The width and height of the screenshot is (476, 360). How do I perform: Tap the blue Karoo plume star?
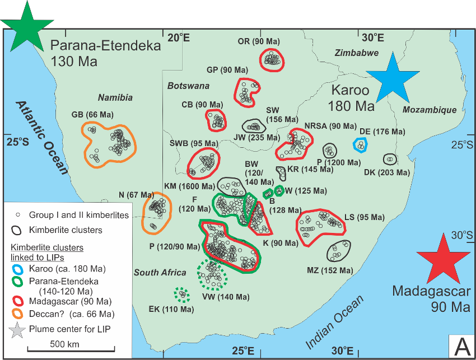click(392, 80)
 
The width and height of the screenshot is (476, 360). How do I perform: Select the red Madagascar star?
click(443, 261)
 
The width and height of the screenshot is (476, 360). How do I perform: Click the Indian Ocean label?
click(334, 323)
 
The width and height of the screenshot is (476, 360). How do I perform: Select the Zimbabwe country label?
click(357, 53)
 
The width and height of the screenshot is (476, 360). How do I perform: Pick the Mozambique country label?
click(430, 110)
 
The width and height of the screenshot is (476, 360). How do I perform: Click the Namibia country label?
click(115, 97)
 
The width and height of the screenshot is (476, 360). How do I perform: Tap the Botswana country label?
click(188, 86)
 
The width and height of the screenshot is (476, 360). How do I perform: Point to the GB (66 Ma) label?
click(92, 115)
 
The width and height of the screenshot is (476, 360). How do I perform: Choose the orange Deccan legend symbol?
click(18, 314)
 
